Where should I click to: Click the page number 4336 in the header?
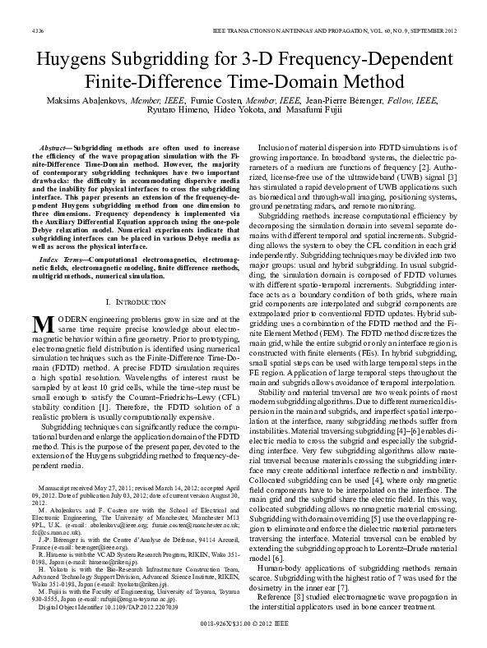[26, 30]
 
